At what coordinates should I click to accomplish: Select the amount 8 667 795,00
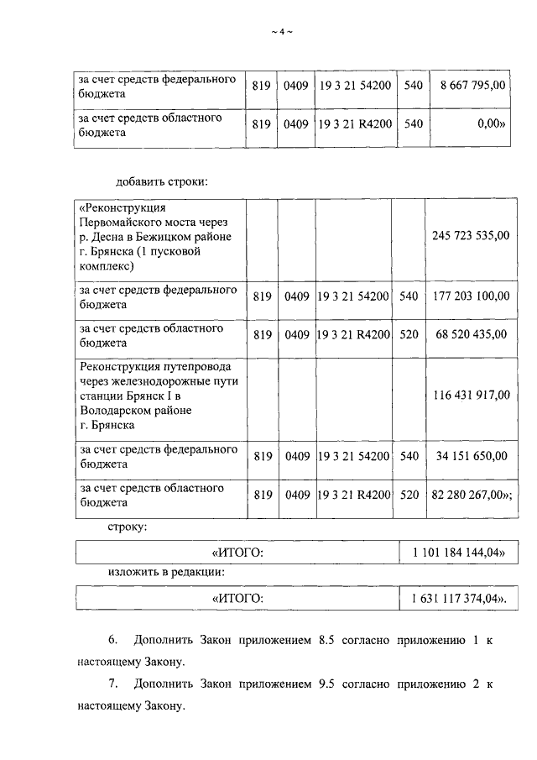[x=467, y=85]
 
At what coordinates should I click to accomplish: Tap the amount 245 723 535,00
[x=470, y=236]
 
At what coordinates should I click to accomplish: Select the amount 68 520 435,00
[x=470, y=334]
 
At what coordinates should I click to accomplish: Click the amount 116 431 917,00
[x=470, y=394]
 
